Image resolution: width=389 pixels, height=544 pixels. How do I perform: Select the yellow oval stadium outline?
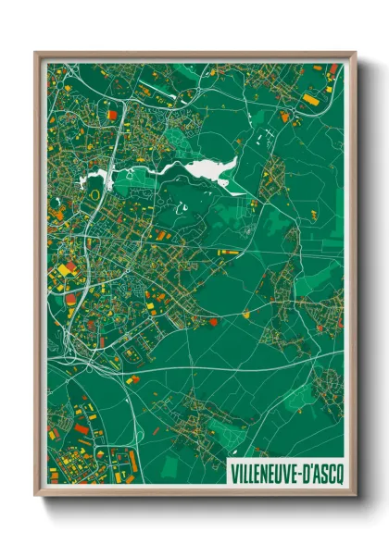[93, 196]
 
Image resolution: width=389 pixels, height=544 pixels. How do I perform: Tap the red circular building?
[213, 322]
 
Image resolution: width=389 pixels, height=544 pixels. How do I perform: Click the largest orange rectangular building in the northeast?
[309, 99]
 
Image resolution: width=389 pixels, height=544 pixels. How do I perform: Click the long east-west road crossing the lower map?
[232, 368]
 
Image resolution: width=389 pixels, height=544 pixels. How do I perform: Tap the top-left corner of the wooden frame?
[36, 54]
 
